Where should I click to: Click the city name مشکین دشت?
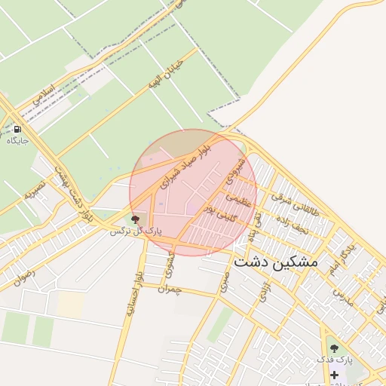tap(276, 262)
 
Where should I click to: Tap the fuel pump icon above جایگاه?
tap(17, 127)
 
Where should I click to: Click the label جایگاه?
tap(17, 140)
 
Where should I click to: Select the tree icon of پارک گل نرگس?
tap(136, 219)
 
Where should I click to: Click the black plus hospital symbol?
tap(334, 375)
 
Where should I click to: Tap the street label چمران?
tap(171, 288)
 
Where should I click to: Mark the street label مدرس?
tap(344, 295)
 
